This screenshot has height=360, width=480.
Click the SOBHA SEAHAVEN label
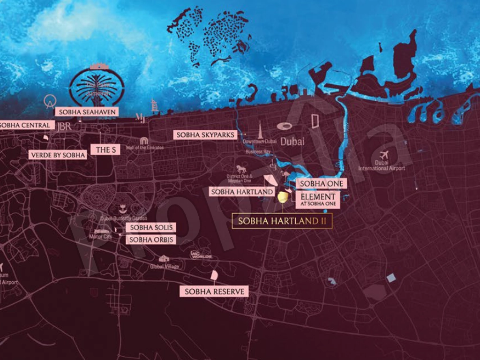click(87, 112)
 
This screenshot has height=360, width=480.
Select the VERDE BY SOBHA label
click(58, 155)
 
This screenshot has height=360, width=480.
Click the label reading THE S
click(106, 150)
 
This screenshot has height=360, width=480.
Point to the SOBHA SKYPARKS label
click(205, 135)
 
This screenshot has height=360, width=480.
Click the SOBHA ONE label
click(321, 183)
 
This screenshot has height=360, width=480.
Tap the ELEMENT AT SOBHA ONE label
click(318, 200)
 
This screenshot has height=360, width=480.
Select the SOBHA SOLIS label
click(151, 227)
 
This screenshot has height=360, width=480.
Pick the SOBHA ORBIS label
click(151, 240)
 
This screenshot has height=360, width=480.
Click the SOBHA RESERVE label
click(214, 292)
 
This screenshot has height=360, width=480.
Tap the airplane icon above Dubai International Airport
click(385, 154)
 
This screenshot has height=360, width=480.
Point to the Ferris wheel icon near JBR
click(49, 101)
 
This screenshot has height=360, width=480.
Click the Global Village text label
click(165, 267)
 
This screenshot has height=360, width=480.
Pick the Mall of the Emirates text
click(145, 148)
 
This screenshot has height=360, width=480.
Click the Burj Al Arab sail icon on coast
click(155, 105)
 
